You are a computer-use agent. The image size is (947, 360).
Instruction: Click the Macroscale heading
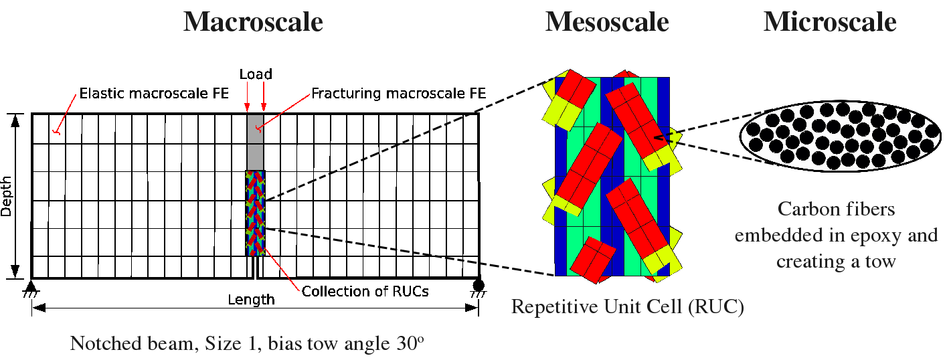click(253, 22)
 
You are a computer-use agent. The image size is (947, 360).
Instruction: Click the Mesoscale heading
click(606, 22)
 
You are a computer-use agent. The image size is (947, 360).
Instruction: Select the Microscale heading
click(829, 22)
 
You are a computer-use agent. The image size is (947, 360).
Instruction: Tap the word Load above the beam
click(256, 74)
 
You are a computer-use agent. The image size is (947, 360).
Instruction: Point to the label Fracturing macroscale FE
click(398, 93)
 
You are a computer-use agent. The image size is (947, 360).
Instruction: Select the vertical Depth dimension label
click(7, 196)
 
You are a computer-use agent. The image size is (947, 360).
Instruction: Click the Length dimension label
click(250, 299)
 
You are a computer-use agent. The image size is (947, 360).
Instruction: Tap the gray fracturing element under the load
click(256, 142)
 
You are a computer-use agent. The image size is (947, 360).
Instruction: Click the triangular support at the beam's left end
click(31, 287)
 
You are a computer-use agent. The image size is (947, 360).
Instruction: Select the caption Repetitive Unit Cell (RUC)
click(627, 307)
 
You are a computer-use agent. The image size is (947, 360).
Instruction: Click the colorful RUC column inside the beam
click(255, 213)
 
